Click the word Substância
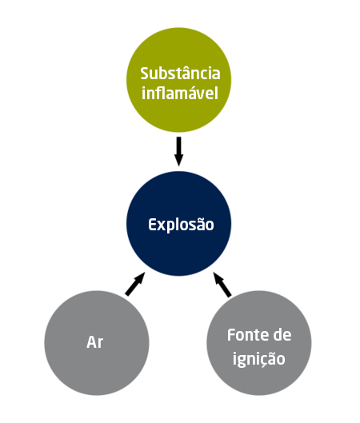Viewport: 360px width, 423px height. pyautogui.click(x=180, y=73)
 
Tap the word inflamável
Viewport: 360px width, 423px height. pyautogui.click(x=180, y=93)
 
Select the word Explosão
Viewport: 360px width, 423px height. pyautogui.click(x=181, y=225)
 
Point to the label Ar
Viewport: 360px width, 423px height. pyautogui.click(x=94, y=342)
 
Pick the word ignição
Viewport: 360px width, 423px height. pyautogui.click(x=259, y=359)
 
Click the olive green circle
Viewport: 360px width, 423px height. pyautogui.click(x=179, y=80)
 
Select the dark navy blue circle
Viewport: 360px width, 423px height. pyautogui.click(x=179, y=224)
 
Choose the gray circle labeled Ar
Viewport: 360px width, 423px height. pyautogui.click(x=97, y=343)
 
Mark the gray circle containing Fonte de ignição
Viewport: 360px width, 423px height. pyautogui.click(x=259, y=343)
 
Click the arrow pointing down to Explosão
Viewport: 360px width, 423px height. pyautogui.click(x=178, y=151)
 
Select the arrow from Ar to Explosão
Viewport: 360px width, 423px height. pyautogui.click(x=135, y=284)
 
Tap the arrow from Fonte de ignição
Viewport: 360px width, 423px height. pyautogui.click(x=222, y=285)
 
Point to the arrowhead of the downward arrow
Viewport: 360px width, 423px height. pyautogui.click(x=178, y=160)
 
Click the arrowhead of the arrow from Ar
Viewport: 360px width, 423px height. pyautogui.click(x=140, y=277)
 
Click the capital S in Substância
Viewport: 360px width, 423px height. pyautogui.click(x=145, y=74)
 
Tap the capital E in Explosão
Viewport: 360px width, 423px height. pyautogui.click(x=152, y=225)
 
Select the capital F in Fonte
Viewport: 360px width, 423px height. pyautogui.click(x=231, y=335)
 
